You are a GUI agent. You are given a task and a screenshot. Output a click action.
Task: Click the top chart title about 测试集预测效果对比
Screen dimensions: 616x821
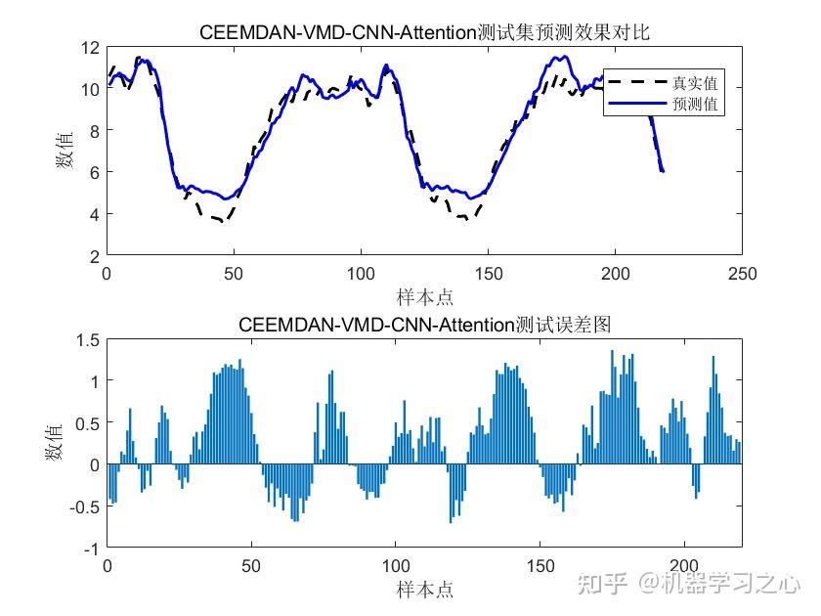click(424, 32)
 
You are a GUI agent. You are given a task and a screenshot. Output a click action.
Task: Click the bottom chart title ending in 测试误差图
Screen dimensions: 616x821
click(424, 325)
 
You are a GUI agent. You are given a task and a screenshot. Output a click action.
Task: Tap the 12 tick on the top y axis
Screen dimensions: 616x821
click(90, 47)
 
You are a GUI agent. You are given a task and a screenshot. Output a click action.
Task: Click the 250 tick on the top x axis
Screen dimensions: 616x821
click(742, 275)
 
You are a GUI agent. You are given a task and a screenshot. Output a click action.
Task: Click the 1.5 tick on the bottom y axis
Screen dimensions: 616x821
click(87, 339)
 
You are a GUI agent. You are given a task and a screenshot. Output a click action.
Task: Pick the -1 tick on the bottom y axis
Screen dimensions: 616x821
click(92, 549)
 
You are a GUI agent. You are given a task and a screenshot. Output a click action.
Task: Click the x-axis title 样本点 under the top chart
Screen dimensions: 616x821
click(424, 296)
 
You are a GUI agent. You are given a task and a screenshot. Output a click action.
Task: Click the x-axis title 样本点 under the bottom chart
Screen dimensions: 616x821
click(424, 589)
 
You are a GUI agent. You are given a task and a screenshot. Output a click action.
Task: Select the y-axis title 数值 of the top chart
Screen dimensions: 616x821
click(66, 152)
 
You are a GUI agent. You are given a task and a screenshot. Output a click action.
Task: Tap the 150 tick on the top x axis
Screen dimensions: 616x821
click(488, 275)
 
